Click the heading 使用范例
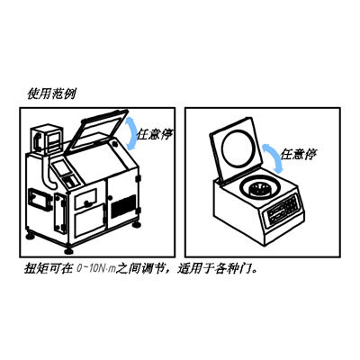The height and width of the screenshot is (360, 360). pos(51,94)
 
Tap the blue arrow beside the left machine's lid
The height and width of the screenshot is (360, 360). pos(131,132)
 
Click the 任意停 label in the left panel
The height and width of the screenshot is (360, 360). pos(155,134)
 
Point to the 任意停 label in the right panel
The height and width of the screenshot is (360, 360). pos(298,154)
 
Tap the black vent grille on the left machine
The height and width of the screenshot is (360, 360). pos(123,206)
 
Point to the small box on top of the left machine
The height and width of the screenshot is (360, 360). pos(47,139)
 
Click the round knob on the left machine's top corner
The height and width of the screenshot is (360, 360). pos(114,144)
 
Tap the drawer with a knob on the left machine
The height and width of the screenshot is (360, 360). pos(85,198)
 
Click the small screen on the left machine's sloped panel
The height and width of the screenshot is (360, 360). pos(62,168)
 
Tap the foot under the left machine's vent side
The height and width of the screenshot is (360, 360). pos(136,224)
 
